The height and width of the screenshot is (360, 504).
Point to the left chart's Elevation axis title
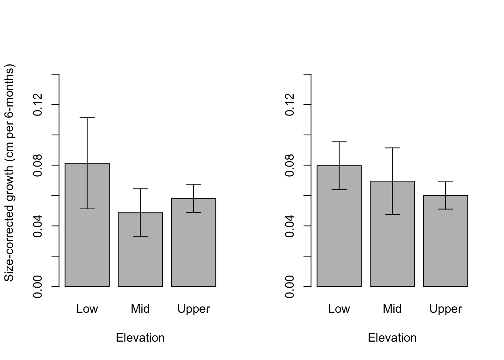140,338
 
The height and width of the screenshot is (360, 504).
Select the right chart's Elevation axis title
392,338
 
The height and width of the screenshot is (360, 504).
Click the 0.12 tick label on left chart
38,104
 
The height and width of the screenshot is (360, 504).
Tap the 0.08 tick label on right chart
290,165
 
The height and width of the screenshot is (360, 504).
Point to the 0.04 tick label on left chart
38,226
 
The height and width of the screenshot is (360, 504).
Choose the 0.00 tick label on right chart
290,286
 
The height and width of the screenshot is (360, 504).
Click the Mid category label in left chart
140,309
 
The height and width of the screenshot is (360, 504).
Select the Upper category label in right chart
445,309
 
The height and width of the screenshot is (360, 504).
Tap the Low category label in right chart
339,309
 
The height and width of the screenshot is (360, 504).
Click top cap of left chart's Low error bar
87,118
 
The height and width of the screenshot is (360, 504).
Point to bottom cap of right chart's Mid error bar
392,214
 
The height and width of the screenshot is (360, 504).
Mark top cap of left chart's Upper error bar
193,184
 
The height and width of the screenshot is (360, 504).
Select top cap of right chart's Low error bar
339,142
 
